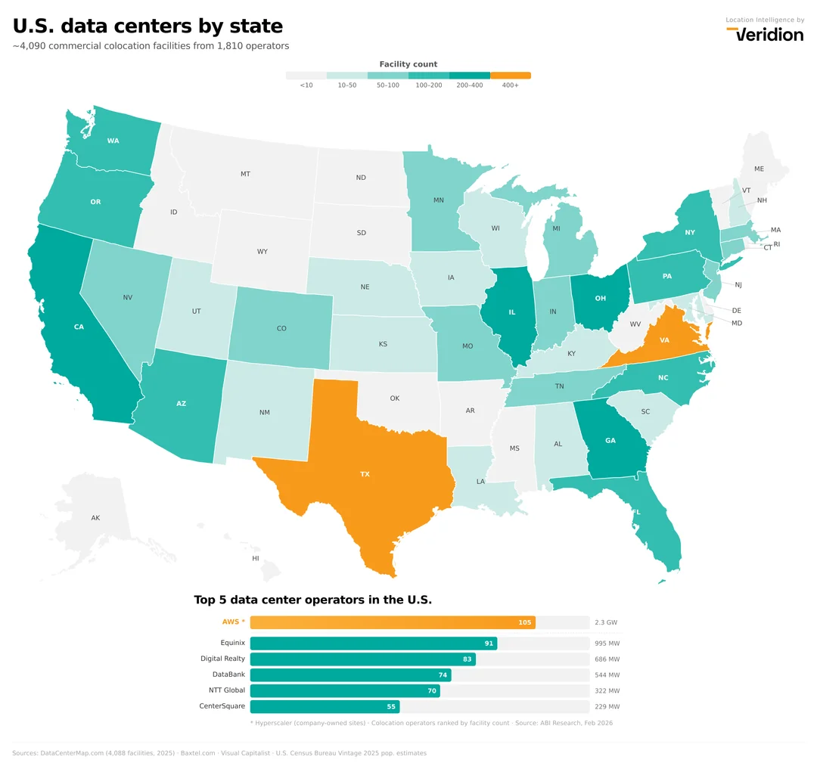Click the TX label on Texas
tap(365, 474)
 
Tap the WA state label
tap(113, 141)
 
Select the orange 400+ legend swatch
tap(511, 76)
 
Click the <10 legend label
tap(306, 85)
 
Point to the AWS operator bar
tap(393, 622)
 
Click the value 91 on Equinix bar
tap(489, 643)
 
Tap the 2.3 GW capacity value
tap(606, 622)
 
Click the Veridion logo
tap(765, 34)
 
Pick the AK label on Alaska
tap(95, 518)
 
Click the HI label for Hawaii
tap(256, 558)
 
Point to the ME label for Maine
tap(759, 169)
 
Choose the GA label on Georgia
tap(610, 441)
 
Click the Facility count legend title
tap(408, 64)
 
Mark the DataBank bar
tap(350, 674)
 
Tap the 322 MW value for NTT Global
tap(607, 690)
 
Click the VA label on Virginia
tap(664, 340)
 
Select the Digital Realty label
tap(222, 659)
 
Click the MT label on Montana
tap(245, 174)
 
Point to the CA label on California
tap(79, 327)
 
